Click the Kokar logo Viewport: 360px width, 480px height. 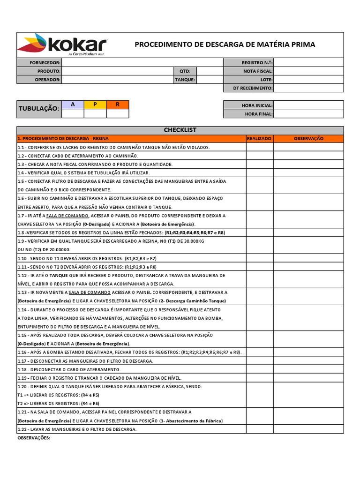point(62,45)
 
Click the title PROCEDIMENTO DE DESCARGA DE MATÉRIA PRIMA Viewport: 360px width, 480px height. point(225,45)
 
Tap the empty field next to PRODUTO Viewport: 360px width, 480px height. point(118,71)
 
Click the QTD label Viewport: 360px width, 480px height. point(185,71)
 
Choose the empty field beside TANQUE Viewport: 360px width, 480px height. point(210,80)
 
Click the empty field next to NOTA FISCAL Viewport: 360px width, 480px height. point(308,71)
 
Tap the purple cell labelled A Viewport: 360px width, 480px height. point(73,105)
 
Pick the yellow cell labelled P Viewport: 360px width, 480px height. point(95,105)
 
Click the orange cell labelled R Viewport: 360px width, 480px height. point(118,105)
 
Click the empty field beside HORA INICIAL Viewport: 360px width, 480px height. point(308,105)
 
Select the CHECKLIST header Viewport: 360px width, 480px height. point(180,130)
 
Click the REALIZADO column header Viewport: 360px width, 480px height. point(260,138)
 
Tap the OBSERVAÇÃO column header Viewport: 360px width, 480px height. point(308,138)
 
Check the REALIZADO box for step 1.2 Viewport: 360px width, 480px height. point(260,156)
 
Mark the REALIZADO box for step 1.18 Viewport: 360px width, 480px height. point(260,369)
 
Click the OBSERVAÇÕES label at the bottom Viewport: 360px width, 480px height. point(33,438)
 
